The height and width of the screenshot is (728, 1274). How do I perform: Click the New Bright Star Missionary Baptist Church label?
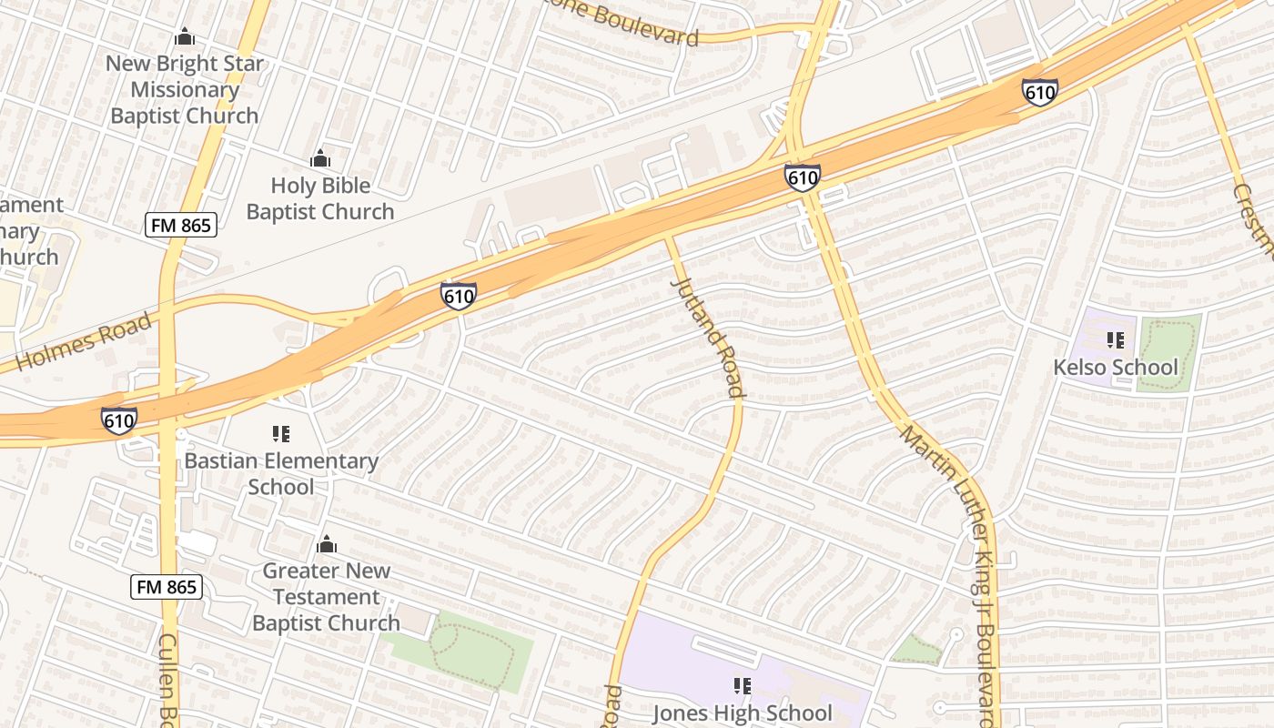(x=185, y=90)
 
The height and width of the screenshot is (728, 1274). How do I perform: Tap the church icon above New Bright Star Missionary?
(x=185, y=37)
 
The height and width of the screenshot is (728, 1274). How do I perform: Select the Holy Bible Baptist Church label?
(x=320, y=198)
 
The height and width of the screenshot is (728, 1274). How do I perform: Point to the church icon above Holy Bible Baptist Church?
(x=320, y=159)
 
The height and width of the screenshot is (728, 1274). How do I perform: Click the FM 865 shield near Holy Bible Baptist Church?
(x=181, y=225)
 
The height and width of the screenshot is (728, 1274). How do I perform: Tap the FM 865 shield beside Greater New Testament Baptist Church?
(x=166, y=587)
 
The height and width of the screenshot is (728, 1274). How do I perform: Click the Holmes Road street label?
(x=84, y=345)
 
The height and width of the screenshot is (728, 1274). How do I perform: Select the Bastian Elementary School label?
(x=281, y=473)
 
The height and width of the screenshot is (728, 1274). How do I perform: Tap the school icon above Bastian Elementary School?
(x=281, y=434)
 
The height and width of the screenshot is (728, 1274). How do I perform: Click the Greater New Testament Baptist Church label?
(x=326, y=597)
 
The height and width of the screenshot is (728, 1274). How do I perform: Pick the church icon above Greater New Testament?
(x=326, y=545)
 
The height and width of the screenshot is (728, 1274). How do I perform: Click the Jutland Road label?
(x=709, y=336)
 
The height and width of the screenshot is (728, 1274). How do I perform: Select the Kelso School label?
(x=1115, y=368)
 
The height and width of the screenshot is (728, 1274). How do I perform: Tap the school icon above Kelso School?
(x=1115, y=340)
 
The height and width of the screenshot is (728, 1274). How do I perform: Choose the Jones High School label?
(x=742, y=713)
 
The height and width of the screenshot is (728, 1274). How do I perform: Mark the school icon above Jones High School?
(x=742, y=685)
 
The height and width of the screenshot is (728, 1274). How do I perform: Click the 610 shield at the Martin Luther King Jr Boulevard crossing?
(x=803, y=177)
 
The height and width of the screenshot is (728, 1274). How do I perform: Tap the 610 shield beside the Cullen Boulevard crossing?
(x=119, y=420)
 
